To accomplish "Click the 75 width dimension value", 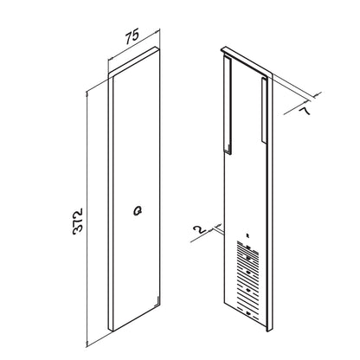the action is tap(132, 35).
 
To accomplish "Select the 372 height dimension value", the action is tap(78, 221).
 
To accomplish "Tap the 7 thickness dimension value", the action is tap(305, 111).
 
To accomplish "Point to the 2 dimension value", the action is tap(200, 229).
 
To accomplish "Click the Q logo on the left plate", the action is tap(138, 211).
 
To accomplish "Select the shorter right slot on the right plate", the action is tap(265, 110).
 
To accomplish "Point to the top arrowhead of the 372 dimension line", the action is tap(87, 93).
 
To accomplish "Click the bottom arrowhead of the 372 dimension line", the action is tap(87, 343).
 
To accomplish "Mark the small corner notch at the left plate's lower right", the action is tap(157, 300).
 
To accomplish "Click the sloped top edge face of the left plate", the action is tap(133, 62).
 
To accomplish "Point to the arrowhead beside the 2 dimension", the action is tap(219, 225).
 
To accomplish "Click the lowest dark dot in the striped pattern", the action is tap(248, 313).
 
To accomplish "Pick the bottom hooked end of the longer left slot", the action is tap(228, 152).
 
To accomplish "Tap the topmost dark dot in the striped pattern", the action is tap(247, 247).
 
